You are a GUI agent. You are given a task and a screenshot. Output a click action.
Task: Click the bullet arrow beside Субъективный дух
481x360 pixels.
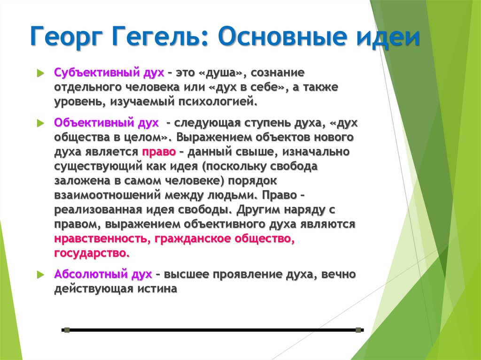pos(40,74)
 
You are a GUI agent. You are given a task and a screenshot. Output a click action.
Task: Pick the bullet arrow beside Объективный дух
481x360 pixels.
pos(40,123)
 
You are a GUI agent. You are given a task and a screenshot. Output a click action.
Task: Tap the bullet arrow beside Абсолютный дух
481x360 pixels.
pos(40,274)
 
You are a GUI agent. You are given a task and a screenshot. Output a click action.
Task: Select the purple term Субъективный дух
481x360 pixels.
pos(109,73)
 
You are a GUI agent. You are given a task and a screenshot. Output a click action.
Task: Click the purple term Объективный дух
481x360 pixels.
pos(106,123)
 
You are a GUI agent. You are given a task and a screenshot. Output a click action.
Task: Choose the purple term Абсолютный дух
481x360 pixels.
pos(103,274)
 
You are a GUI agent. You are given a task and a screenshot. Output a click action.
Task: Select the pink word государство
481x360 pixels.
pos(91,253)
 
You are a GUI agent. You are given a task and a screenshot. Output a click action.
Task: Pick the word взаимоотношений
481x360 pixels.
pos(103,195)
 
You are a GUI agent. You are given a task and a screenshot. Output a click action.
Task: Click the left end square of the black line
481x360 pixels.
pos(66,330)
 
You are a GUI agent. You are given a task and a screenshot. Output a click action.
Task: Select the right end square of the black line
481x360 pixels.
pos(359,330)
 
